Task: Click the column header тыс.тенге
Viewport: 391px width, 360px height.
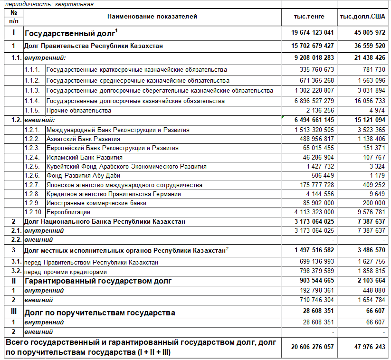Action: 309,17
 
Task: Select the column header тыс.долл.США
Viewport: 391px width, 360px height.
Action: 362,17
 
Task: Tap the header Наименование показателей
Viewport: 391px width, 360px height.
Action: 152,17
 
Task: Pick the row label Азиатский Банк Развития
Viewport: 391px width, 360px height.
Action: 83,139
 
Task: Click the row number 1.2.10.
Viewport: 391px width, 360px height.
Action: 34,212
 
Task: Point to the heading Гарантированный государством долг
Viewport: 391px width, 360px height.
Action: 98,281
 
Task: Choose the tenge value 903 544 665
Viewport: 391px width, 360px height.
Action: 314,281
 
